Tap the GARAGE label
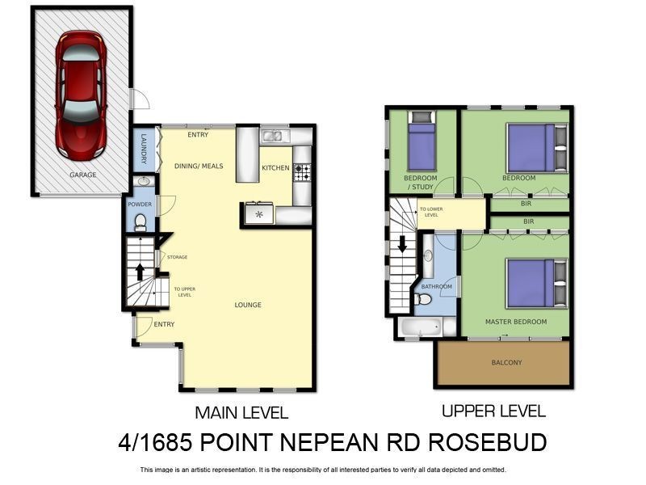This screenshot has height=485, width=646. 82,175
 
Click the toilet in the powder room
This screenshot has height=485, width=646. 141,221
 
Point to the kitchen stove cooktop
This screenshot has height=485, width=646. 302,171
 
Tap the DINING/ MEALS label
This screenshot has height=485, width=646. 199,167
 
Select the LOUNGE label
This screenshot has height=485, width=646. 248,305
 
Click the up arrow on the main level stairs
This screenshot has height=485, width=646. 141,270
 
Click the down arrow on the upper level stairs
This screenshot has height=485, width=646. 402,243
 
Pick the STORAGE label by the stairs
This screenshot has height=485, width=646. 177,257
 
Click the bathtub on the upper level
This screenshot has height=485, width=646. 417,327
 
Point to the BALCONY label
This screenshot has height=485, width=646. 507,362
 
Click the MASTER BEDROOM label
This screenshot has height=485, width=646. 515,322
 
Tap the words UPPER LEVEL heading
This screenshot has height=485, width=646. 493,411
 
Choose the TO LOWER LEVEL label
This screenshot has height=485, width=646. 430,213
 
